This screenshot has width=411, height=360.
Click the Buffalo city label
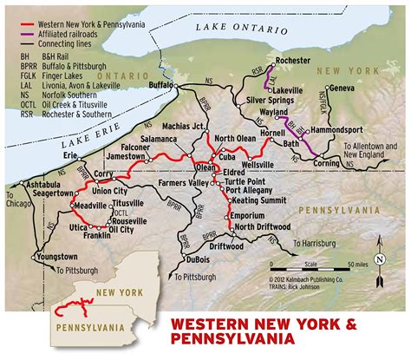click(x=160, y=87)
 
